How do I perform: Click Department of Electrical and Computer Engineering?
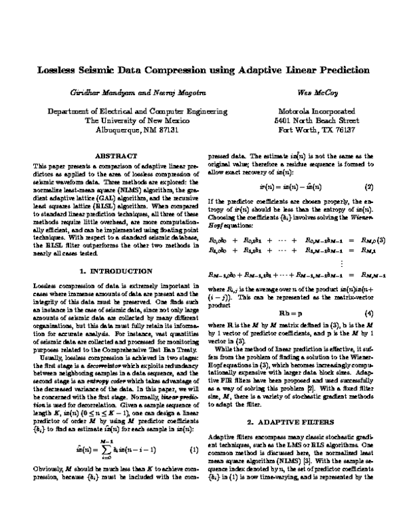click(x=112, y=111)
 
